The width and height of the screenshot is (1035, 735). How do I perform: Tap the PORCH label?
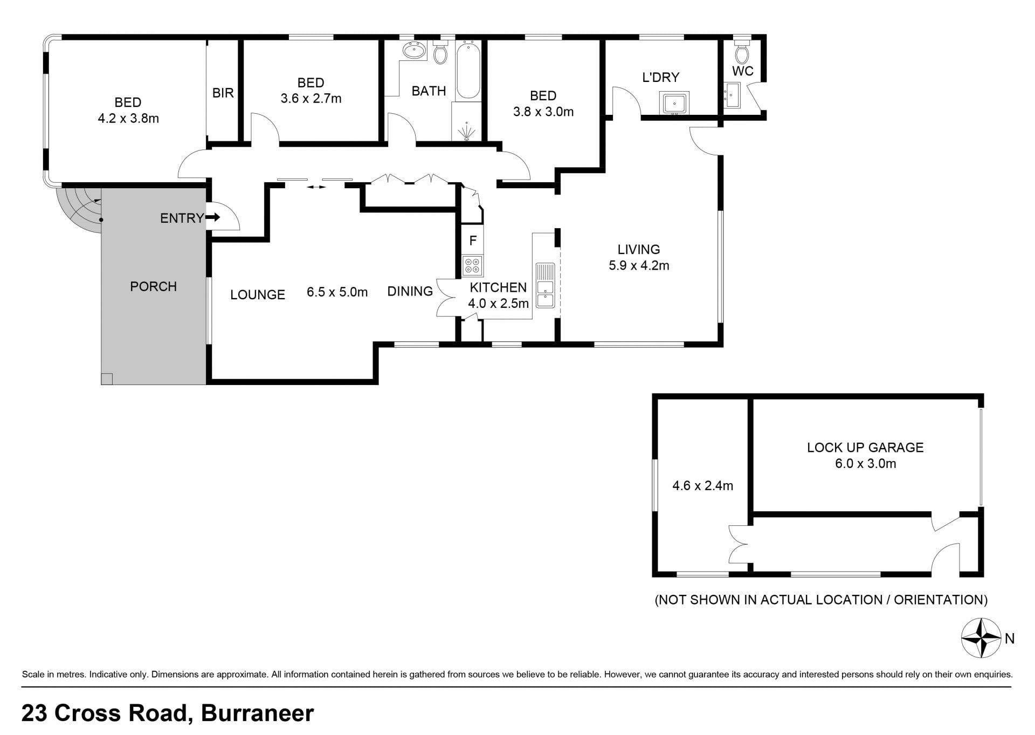click(x=153, y=286)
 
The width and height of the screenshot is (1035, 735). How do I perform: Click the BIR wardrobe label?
click(x=223, y=93)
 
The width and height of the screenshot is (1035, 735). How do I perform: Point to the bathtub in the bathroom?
click(x=468, y=70)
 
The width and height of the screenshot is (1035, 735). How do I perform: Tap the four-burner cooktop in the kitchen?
click(x=473, y=265)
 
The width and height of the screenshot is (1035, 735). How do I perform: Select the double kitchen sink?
click(x=546, y=285)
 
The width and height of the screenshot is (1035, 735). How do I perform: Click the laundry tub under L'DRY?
click(x=674, y=102)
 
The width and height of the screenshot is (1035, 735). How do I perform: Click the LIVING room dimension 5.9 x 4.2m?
click(x=639, y=265)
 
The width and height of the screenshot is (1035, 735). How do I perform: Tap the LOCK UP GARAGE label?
click(x=865, y=447)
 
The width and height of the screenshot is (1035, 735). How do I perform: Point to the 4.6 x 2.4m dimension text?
click(x=702, y=486)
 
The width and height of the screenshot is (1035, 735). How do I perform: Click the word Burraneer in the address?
click(x=257, y=713)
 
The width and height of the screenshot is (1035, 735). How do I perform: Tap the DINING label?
click(x=410, y=291)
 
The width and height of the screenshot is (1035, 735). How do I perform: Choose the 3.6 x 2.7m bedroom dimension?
click(x=311, y=99)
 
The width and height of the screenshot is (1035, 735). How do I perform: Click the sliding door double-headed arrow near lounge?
click(x=316, y=187)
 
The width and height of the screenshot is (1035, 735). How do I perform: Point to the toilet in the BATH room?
click(x=440, y=52)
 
